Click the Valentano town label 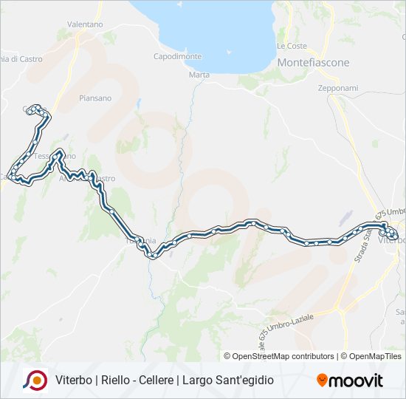[x=85, y=24]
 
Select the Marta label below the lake [x=199, y=75]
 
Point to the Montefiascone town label [x=313, y=63]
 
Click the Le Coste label [x=292, y=46]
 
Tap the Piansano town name [x=95, y=98]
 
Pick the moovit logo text [x=356, y=381]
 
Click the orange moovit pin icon [x=322, y=380]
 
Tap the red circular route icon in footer [x=35, y=380]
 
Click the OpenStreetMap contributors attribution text [x=283, y=356]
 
